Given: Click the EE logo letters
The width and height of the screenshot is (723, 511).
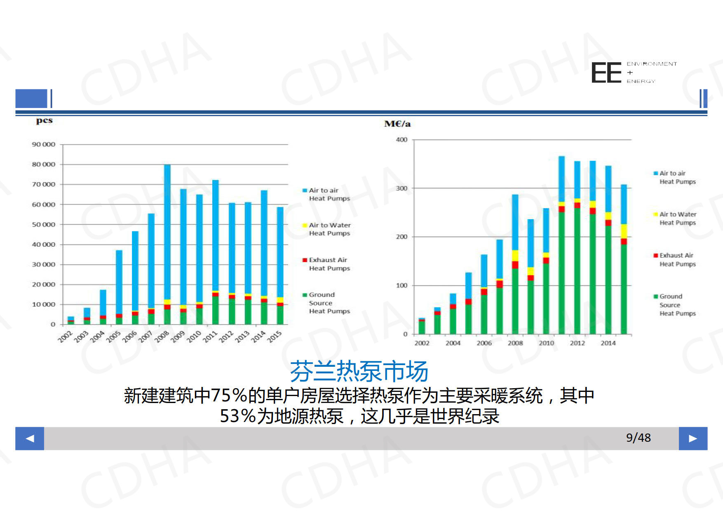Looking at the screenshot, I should point(606,73).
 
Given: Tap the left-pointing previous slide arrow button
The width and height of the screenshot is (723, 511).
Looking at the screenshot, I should point(30,438).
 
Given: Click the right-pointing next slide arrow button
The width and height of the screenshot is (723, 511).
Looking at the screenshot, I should point(693,438).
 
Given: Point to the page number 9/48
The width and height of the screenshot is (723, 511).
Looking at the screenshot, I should point(638,438).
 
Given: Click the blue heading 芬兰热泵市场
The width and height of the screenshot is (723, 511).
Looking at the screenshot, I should point(359,371).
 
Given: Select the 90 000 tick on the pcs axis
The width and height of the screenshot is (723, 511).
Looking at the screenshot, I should point(43,145).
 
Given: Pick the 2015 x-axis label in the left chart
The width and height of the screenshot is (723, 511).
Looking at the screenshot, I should point(275,336).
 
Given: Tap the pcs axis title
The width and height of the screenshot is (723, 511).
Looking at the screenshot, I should point(44,121).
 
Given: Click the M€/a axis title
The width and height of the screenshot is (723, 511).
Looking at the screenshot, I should point(397,124).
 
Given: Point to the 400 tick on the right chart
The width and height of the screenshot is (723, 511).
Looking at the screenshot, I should point(401,140).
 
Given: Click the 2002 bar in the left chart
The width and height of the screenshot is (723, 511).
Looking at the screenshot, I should point(71,320).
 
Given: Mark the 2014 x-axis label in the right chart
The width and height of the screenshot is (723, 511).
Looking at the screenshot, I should point(608,343).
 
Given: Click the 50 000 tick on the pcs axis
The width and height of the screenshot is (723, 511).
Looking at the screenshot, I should point(43,225).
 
